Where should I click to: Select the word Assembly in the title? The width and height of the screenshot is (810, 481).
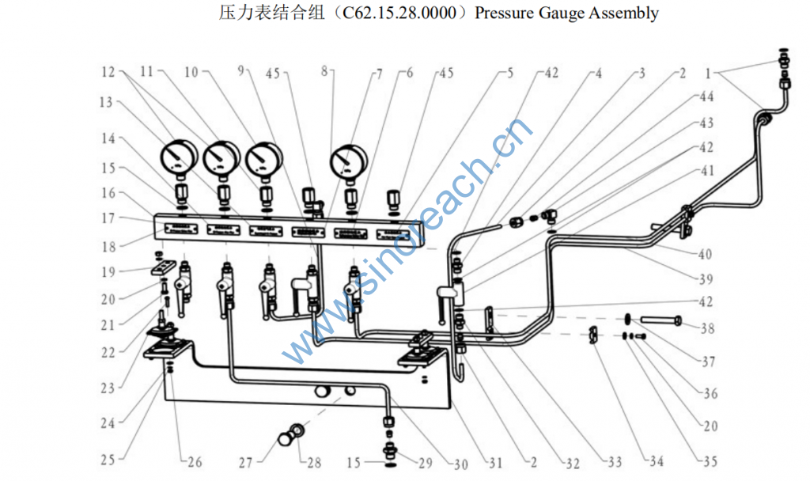pos(623,13)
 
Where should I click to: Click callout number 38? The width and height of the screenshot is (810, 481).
pos(707,328)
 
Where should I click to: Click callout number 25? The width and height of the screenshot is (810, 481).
pos(108,459)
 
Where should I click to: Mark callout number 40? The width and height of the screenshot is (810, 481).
pos(705,255)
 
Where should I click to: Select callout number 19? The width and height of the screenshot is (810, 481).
pos(108,272)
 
